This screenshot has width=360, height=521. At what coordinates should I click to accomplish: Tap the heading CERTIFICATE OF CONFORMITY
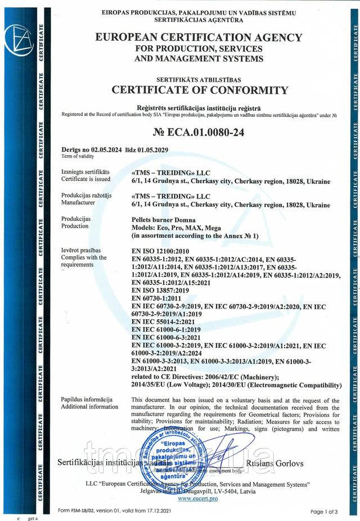pos(200,89)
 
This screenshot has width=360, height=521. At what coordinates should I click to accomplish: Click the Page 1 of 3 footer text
pos(325,511)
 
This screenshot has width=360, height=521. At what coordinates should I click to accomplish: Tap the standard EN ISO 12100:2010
pos(160,251)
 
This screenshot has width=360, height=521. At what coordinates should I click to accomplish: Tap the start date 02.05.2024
pos(115,150)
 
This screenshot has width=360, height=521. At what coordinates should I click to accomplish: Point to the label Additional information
pos(89,406)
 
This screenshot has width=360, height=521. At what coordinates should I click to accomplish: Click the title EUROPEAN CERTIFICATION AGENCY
pos(199,38)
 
